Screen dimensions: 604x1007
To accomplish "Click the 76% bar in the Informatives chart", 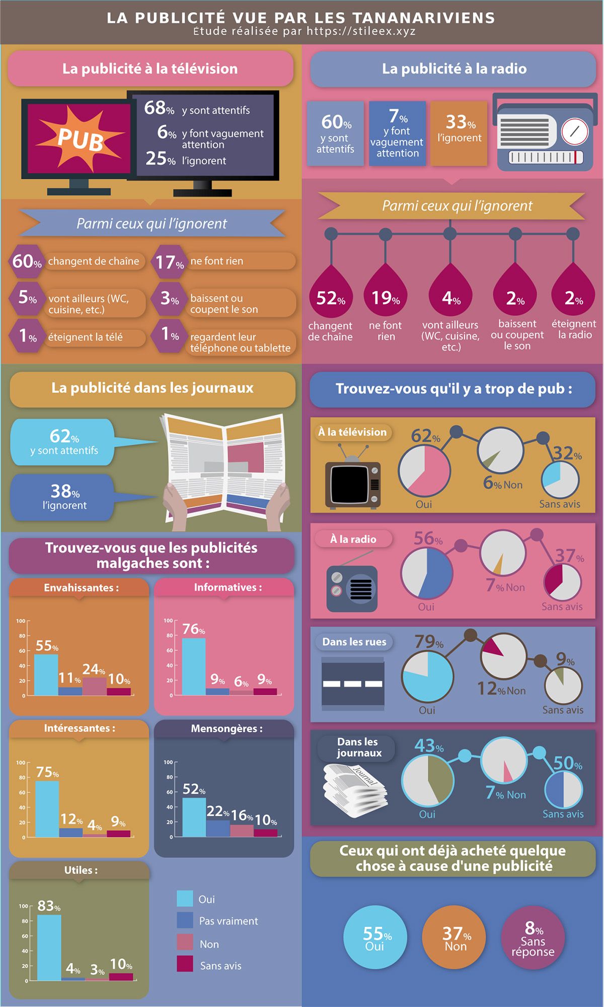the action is click(x=194, y=666).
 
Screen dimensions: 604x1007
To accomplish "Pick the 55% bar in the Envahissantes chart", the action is click(x=46, y=675).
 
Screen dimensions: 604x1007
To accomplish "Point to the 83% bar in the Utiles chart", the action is click(x=49, y=948).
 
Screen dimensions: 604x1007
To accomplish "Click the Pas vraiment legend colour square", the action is click(x=185, y=920).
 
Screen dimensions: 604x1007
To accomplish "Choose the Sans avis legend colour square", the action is click(x=185, y=964).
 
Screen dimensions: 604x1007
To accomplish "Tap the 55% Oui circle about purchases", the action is click(x=375, y=937).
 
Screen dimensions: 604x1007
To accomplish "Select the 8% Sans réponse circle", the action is click(x=533, y=937).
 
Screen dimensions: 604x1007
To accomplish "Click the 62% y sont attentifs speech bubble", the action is click(x=63, y=442).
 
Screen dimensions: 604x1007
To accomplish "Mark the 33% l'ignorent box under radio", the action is click(x=459, y=133).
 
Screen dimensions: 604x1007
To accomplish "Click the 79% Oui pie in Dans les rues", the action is click(x=427, y=677).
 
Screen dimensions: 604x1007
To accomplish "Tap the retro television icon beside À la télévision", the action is click(x=352, y=482).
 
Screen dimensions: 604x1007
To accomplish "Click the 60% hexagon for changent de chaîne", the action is click(x=27, y=261).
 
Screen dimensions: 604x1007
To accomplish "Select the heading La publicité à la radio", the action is click(x=454, y=69).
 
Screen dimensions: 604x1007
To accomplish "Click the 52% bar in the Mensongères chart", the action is click(x=194, y=817).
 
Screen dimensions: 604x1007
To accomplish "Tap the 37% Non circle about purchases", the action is click(x=454, y=937).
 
